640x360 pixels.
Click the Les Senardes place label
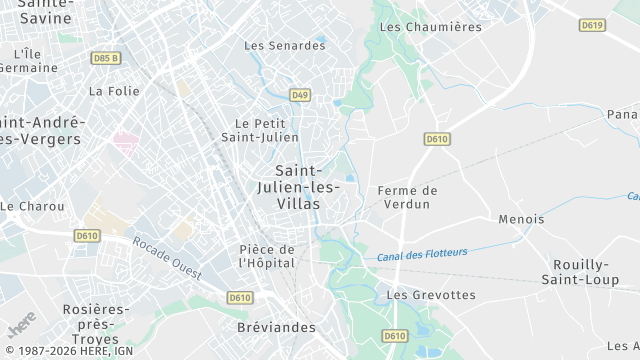285,46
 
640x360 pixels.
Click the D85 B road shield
104,58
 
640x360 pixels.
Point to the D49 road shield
300,95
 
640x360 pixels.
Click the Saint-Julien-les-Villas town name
305,187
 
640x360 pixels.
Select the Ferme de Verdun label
408,197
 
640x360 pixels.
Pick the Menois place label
521,219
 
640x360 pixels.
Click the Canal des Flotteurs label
422,255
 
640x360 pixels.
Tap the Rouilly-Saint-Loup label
576,272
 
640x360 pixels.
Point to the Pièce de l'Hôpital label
267,256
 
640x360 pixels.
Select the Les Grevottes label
431,295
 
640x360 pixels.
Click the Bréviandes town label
278,327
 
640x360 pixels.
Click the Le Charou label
32,206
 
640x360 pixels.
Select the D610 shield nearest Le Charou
87,236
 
